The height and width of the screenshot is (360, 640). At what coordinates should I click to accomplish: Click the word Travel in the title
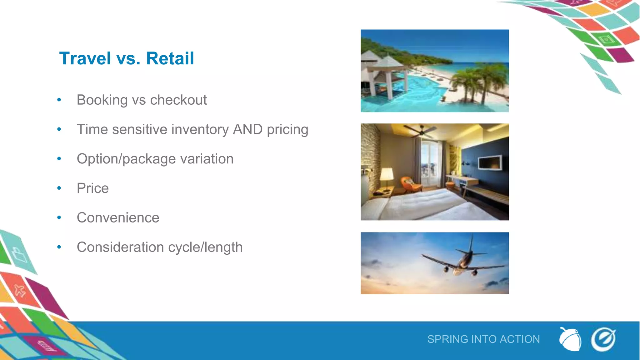pyautogui.click(x=85, y=58)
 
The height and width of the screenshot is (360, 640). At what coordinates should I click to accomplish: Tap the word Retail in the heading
pyautogui.click(x=170, y=58)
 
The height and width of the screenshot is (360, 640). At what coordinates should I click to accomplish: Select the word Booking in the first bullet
pyautogui.click(x=102, y=100)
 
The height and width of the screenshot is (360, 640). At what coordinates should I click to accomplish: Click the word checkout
pyautogui.click(x=178, y=100)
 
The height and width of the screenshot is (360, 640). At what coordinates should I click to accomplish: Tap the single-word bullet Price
pyautogui.click(x=93, y=188)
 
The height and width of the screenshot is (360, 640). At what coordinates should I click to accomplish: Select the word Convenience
pyautogui.click(x=118, y=217)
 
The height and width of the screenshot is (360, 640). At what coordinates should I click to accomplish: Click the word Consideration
pyautogui.click(x=120, y=247)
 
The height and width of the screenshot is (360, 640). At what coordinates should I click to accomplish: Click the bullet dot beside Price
pyautogui.click(x=59, y=188)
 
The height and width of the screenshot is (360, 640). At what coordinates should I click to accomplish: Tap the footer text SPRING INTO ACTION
pyautogui.click(x=483, y=339)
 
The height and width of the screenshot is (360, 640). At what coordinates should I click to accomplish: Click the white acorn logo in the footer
pyautogui.click(x=570, y=340)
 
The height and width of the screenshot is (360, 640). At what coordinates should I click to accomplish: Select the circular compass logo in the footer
pyautogui.click(x=603, y=339)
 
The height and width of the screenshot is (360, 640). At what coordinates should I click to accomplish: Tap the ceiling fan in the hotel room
pyautogui.click(x=420, y=131)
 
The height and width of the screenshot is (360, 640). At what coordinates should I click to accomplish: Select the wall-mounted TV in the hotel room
pyautogui.click(x=490, y=163)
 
